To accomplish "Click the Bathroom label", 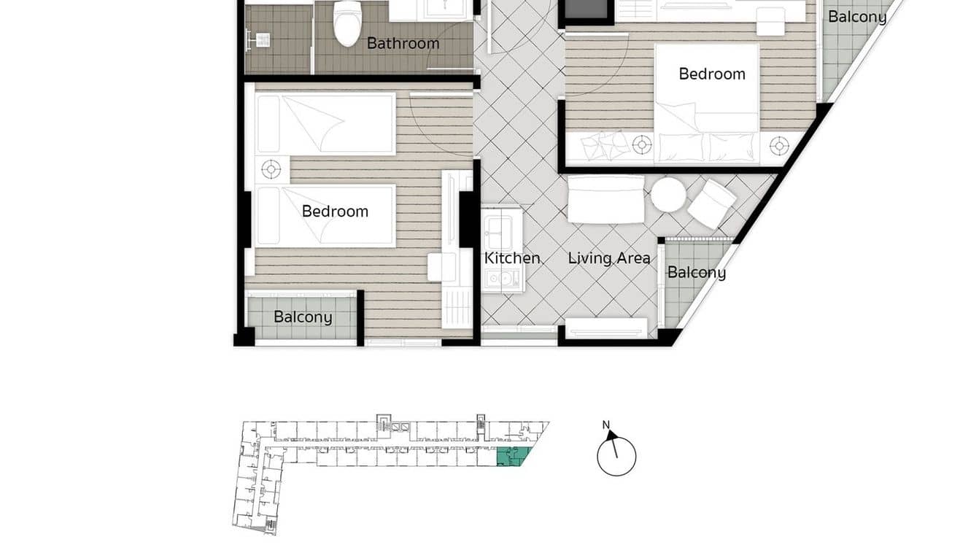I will [x=403, y=43].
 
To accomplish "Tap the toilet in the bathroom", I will [x=347, y=23].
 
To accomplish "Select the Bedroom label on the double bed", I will [x=711, y=74].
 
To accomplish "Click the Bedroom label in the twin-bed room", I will [x=335, y=212].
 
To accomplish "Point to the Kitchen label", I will [x=512, y=258].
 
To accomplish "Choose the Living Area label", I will [x=609, y=258].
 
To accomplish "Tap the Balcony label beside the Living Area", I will [x=696, y=273].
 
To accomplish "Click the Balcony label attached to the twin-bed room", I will [x=303, y=317].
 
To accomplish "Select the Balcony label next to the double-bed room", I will [x=857, y=17].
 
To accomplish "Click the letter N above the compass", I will [x=605, y=425].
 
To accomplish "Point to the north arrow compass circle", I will [x=616, y=457].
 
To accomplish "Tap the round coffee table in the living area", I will [x=668, y=195].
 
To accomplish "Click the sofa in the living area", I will [x=606, y=199].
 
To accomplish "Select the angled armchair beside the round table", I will [x=711, y=203].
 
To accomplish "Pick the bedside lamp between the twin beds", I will [x=271, y=170].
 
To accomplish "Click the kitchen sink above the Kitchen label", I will [x=501, y=228].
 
